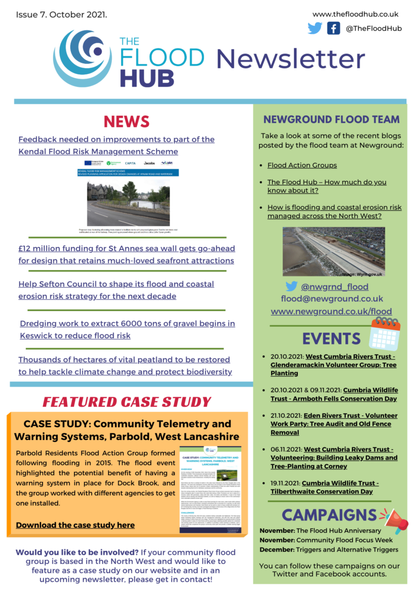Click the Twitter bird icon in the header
click(x=315, y=28)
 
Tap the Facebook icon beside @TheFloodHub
click(x=333, y=28)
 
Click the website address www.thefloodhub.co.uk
click(x=355, y=14)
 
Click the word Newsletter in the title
click(x=290, y=58)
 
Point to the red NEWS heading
click(x=127, y=121)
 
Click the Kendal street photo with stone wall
click(x=128, y=203)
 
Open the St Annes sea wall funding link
click(x=127, y=254)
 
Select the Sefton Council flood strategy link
click(x=116, y=290)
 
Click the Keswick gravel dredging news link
click(x=127, y=329)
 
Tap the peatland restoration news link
click(x=125, y=366)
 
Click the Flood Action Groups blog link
click(x=302, y=165)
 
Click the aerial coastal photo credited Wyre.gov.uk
click(x=333, y=252)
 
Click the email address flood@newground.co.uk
click(x=332, y=299)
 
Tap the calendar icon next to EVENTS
click(x=385, y=333)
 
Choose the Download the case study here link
click(x=75, y=525)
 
